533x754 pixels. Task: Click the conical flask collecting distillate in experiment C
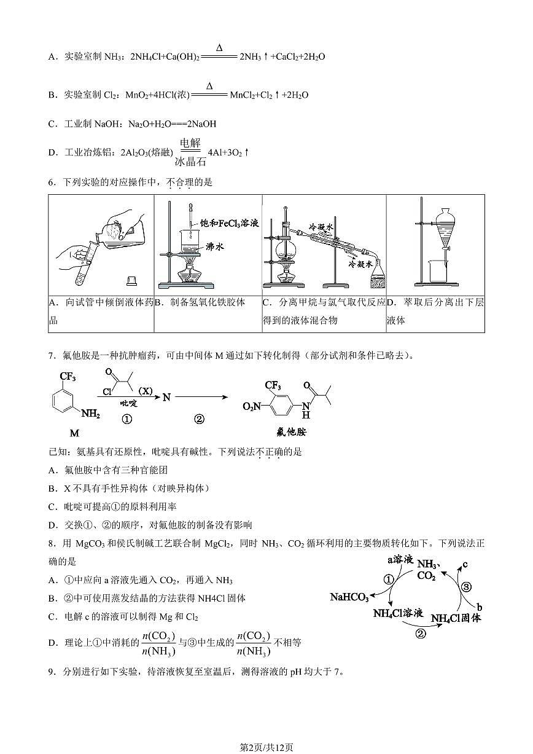376,276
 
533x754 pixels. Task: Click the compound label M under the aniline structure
74,433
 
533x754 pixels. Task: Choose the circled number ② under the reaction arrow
199,419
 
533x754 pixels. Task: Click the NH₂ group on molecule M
90,414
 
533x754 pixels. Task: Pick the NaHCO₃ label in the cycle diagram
349,597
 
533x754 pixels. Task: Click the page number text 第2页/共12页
266,747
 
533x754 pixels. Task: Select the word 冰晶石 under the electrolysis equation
188,162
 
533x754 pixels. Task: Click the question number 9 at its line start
51,672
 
